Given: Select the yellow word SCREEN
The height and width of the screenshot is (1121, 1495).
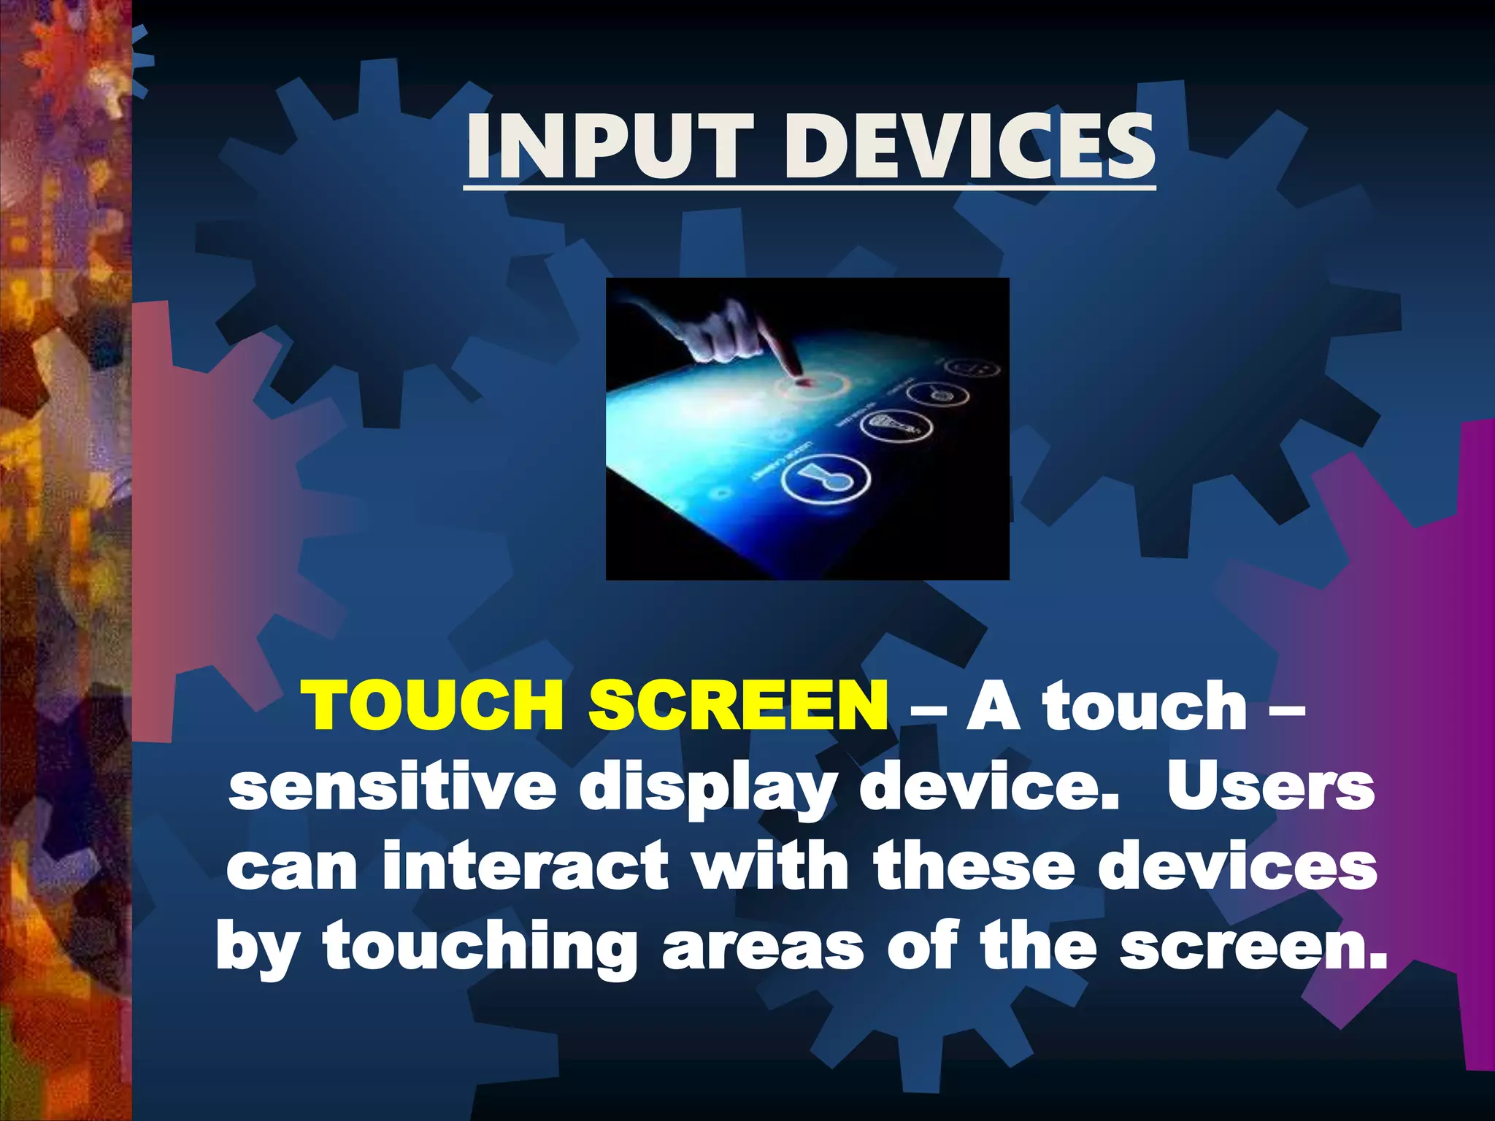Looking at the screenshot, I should (739, 704).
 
